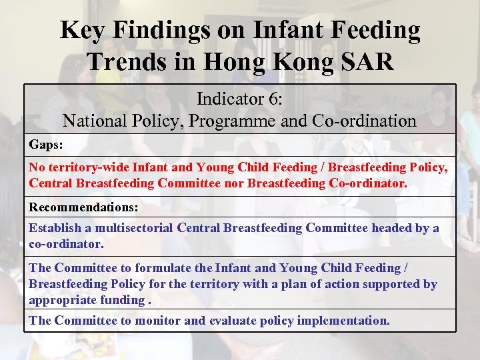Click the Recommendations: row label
(x=83, y=207)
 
